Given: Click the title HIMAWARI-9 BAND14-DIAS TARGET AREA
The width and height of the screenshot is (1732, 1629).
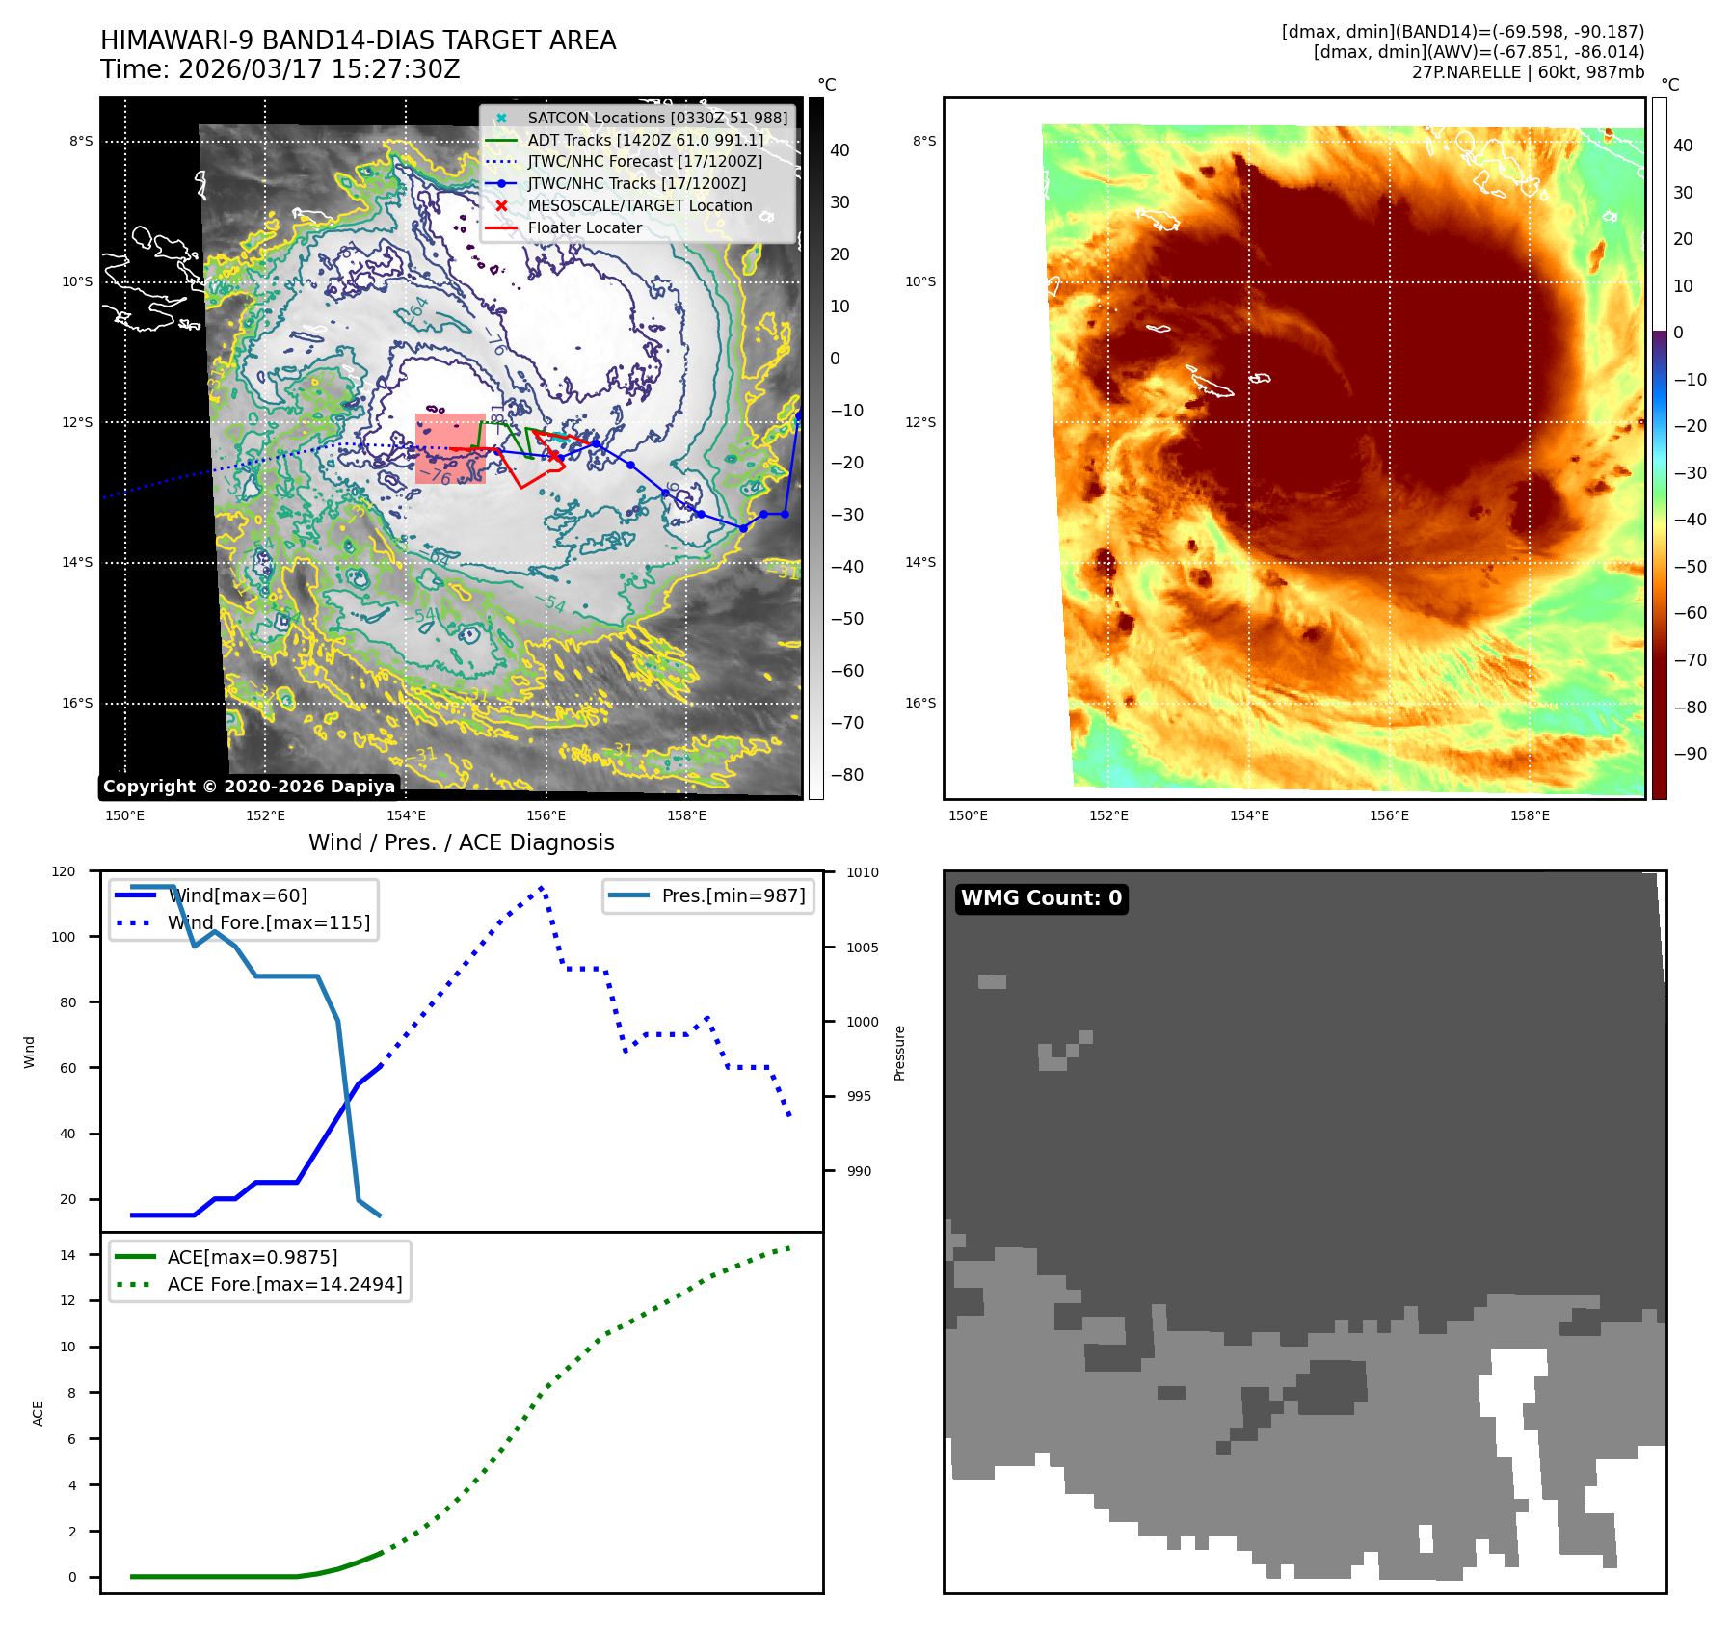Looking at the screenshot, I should [x=358, y=40].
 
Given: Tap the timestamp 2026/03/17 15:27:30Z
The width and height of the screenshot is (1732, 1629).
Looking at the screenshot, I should [x=319, y=70].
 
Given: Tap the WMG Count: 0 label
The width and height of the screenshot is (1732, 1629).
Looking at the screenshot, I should [x=1041, y=898].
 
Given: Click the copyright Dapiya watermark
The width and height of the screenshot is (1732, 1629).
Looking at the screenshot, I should [x=249, y=787].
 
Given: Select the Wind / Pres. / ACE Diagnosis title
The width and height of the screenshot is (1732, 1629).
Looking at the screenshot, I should [x=461, y=842].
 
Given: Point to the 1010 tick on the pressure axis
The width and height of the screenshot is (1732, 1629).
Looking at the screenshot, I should [x=863, y=873].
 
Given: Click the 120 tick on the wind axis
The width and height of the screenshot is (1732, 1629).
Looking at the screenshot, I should [x=64, y=871].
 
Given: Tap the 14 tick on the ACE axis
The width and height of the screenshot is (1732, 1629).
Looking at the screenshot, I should [x=67, y=1255].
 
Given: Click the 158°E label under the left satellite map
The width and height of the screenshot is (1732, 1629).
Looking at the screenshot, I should [x=686, y=816].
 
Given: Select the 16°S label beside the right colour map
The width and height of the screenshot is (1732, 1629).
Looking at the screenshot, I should [x=919, y=703].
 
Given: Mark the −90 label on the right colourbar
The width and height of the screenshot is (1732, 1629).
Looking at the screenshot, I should [x=1690, y=754].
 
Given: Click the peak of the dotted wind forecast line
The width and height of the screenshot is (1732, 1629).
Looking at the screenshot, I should [x=543, y=887].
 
